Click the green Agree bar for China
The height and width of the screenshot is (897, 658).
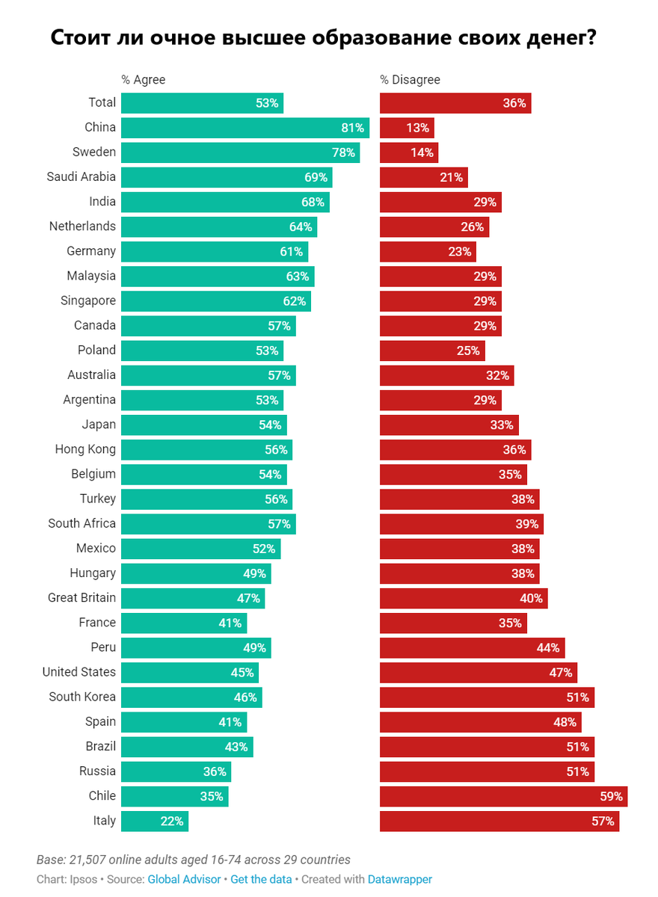click(x=245, y=128)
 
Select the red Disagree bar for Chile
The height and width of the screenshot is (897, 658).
click(x=503, y=796)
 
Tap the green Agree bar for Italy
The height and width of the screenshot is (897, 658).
click(x=154, y=821)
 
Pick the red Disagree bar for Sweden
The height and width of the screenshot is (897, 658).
click(x=408, y=152)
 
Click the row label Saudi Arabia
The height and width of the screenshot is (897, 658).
click(x=82, y=177)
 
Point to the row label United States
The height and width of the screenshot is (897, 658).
click(x=79, y=672)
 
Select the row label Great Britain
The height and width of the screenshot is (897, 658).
click(x=82, y=598)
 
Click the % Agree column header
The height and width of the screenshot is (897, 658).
click(x=144, y=80)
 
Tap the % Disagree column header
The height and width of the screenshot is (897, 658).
click(x=410, y=80)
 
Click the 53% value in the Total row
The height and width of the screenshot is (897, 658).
click(x=267, y=103)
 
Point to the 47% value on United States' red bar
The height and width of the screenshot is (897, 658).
click(x=560, y=672)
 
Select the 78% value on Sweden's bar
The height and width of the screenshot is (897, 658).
click(x=342, y=152)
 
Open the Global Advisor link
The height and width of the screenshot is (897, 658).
click(x=184, y=880)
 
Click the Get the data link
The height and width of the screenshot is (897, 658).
click(x=261, y=880)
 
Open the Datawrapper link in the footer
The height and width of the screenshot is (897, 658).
click(x=399, y=880)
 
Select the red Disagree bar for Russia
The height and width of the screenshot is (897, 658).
click(x=487, y=771)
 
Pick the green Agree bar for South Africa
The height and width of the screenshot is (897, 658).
click(x=208, y=523)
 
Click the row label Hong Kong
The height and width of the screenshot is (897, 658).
click(x=85, y=449)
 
